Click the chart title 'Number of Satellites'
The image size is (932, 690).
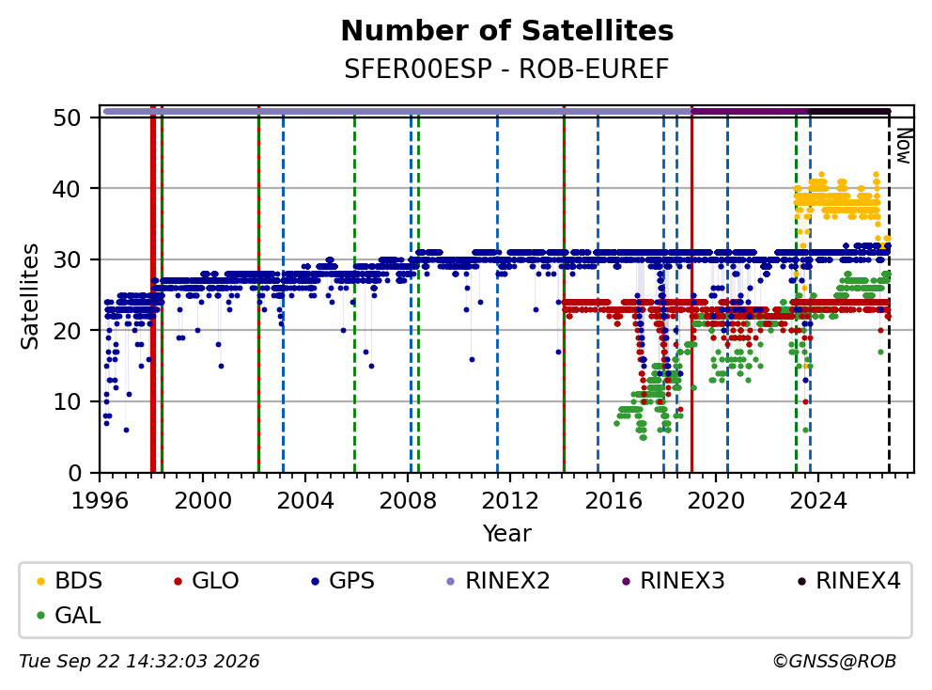click(x=507, y=31)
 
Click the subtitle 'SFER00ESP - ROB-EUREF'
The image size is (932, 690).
click(x=507, y=69)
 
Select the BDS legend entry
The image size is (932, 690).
click(x=70, y=581)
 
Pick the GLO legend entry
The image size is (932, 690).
click(x=207, y=581)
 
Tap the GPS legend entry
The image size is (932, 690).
click(x=343, y=581)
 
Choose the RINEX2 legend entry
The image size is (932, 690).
click(x=499, y=581)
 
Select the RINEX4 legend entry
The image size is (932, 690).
click(x=848, y=581)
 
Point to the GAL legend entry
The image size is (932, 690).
click(x=69, y=615)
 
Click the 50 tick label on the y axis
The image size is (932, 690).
click(x=67, y=118)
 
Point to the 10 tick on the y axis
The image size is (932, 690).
click(x=67, y=402)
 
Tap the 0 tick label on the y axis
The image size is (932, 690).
click(x=75, y=473)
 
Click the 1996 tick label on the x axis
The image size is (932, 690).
click(x=100, y=501)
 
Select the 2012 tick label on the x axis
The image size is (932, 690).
click(x=510, y=501)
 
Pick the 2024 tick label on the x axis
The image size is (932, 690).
click(x=818, y=501)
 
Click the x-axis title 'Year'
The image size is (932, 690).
click(x=507, y=534)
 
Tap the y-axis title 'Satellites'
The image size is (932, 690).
click(x=29, y=295)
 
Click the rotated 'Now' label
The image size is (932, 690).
click(x=904, y=147)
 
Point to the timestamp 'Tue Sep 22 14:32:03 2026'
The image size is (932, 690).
click(x=139, y=662)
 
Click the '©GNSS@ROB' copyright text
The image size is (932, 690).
click(x=834, y=662)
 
